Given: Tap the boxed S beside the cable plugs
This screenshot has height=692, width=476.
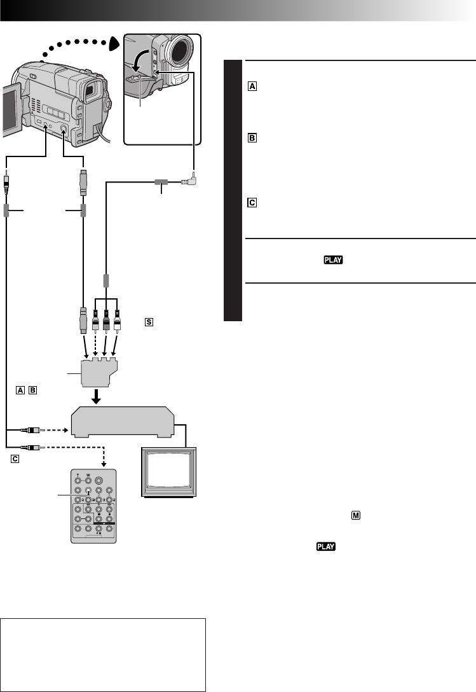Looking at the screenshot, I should (149, 322).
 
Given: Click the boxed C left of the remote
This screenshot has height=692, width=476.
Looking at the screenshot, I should (13, 458).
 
